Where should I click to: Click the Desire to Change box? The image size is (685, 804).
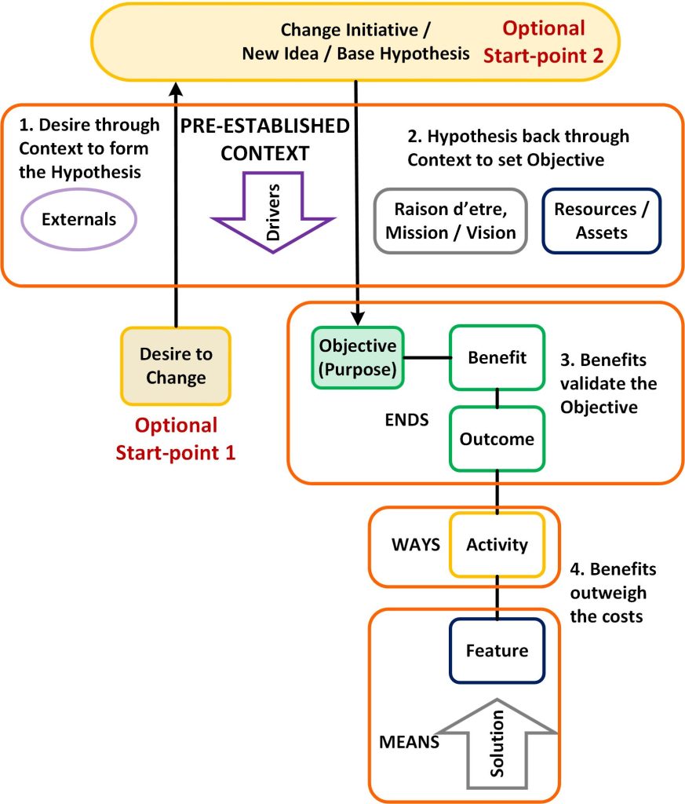pyautogui.click(x=176, y=366)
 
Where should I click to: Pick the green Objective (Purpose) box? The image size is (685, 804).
pyautogui.click(x=358, y=357)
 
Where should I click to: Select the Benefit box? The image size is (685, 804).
pyautogui.click(x=497, y=357)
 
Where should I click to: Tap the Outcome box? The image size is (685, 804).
pyautogui.click(x=497, y=438)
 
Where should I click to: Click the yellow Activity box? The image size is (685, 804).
pyautogui.click(x=497, y=544)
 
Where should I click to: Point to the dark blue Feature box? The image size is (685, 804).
pyautogui.click(x=497, y=650)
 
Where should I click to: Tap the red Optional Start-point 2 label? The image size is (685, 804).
pyautogui.click(x=544, y=41)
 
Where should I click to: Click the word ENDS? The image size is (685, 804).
pyautogui.click(x=406, y=419)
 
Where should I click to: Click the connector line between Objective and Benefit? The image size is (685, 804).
pyautogui.click(x=427, y=358)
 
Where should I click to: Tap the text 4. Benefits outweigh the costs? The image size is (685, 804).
pyautogui.click(x=613, y=592)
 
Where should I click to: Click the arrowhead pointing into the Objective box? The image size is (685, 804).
pyautogui.click(x=358, y=320)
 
